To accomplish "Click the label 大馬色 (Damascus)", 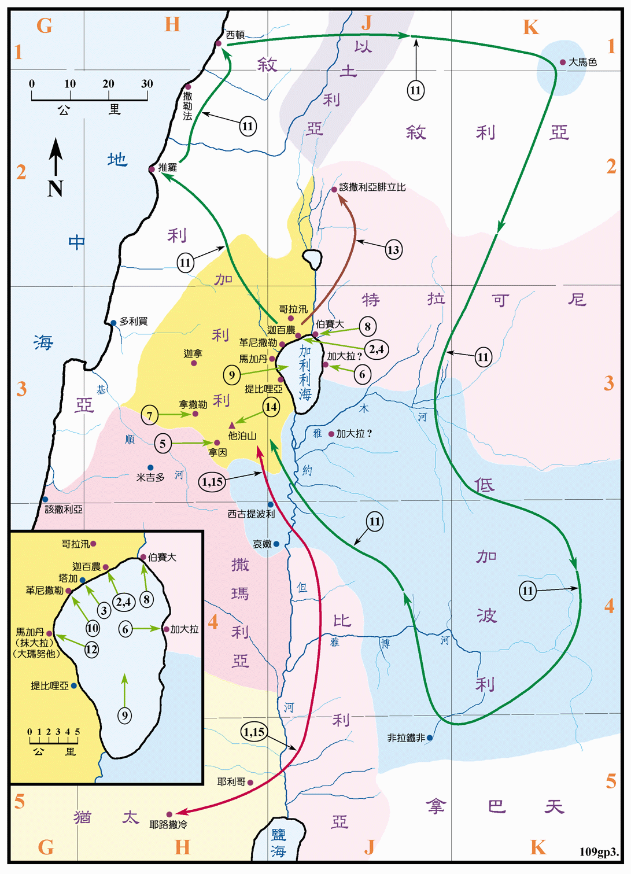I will tap(582, 62).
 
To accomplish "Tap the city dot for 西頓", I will tap(219, 43).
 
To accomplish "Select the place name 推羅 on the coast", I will tap(168, 168).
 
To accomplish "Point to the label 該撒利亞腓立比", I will tap(372, 187).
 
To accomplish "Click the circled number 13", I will tap(393, 250).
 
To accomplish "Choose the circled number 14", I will tap(271, 407).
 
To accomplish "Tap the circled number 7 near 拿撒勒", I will tap(150, 415).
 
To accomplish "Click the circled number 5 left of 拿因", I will tap(163, 444).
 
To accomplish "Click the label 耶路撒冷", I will tap(168, 825).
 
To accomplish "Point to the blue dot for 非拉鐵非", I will tap(430, 737).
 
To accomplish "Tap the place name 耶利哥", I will tap(231, 782).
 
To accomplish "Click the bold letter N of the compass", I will tap(56, 189).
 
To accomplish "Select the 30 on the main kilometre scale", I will tap(147, 84).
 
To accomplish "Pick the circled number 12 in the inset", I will tap(91, 650).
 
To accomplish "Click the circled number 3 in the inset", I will tap(104, 610).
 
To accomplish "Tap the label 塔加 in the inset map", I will tap(68, 578).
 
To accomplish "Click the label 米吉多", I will tap(150, 478).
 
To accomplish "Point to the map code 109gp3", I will tap(599, 852).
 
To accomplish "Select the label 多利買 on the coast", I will tap(134, 322).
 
